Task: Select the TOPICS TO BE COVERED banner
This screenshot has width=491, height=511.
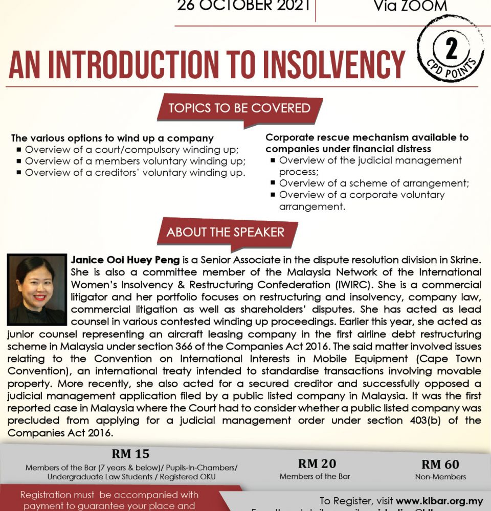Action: (x=239, y=108)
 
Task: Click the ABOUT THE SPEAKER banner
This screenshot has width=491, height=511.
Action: (x=225, y=232)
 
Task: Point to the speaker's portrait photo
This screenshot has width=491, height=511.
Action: (x=37, y=290)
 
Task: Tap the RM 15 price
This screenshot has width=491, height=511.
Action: (x=131, y=454)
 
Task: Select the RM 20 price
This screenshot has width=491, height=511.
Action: (x=317, y=463)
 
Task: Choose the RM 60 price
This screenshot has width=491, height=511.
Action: (x=440, y=464)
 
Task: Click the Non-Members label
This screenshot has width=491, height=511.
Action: (x=440, y=477)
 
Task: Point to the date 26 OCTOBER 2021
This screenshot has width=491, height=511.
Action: (x=244, y=6)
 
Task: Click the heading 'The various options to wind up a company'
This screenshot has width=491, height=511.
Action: (x=113, y=138)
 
